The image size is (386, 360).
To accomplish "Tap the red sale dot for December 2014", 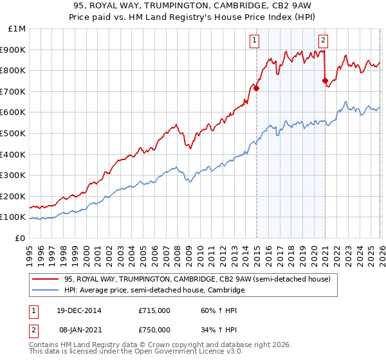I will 257,88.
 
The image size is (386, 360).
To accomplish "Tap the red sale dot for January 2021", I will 325,81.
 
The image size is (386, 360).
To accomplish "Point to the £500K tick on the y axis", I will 13,133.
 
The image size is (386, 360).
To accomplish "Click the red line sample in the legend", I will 46,279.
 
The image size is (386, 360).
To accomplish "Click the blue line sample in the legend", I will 46,291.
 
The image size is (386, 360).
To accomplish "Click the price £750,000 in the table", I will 154,330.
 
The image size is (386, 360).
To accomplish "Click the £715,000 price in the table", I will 154,310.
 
